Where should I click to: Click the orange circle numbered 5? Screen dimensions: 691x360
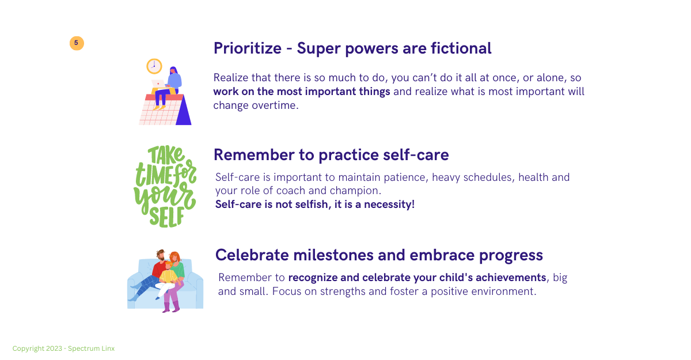point(77,43)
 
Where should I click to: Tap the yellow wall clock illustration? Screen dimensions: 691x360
point(154,66)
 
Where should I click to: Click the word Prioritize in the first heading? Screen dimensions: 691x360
point(248,48)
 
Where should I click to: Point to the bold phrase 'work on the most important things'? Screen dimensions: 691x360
point(301,92)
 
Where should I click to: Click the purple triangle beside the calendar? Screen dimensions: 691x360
point(184,112)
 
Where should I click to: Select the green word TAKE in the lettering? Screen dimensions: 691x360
point(166,155)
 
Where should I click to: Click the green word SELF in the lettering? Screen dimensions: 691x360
point(166,218)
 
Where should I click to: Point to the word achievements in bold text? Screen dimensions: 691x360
point(511,278)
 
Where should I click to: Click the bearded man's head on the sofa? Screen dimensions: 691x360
point(161,255)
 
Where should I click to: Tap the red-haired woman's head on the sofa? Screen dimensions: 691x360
point(175,257)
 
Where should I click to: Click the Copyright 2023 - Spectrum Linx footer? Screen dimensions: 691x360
point(63,348)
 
